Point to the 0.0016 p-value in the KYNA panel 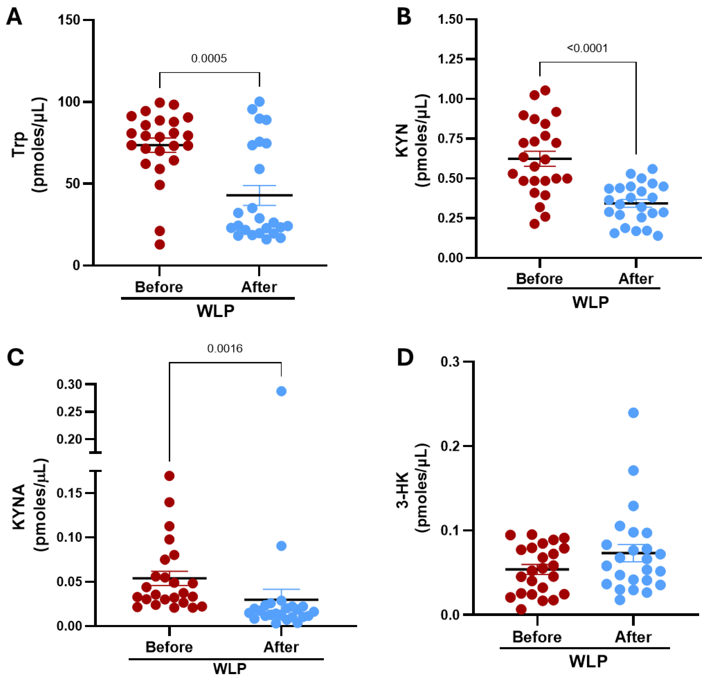[225, 349]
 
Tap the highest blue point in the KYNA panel [281, 391]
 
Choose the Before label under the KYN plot [539, 279]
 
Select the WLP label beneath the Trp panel [215, 311]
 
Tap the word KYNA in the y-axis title [19, 507]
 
